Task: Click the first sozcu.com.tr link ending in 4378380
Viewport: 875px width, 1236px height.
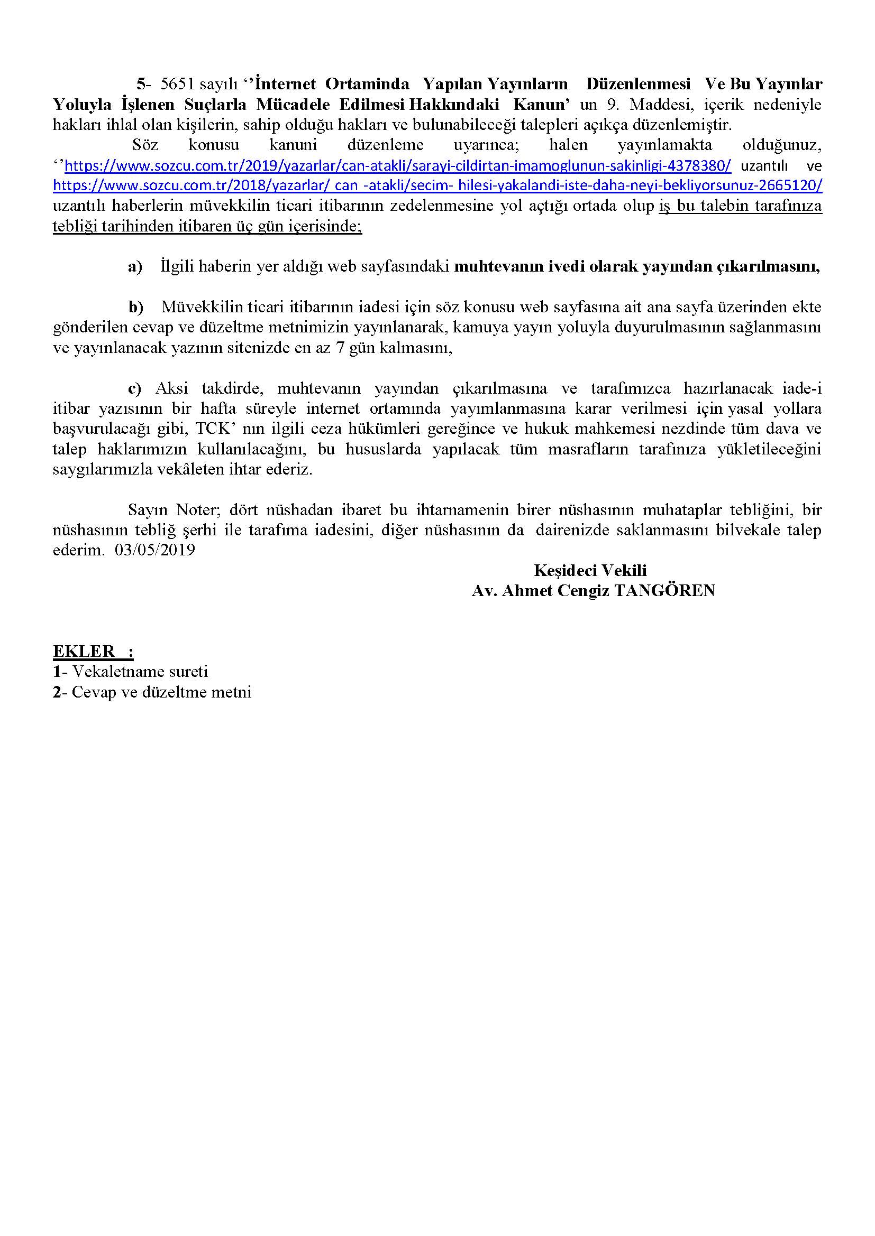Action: (x=398, y=166)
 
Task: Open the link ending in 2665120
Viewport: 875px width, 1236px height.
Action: (x=437, y=185)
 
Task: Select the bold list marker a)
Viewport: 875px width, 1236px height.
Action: (x=135, y=266)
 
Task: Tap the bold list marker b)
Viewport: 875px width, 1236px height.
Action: (x=136, y=307)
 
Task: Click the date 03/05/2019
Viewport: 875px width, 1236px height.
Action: (x=154, y=550)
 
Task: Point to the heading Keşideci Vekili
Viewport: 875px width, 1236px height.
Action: (x=590, y=570)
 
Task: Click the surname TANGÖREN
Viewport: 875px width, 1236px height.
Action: (x=664, y=591)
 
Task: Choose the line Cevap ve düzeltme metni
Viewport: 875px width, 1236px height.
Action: (x=161, y=692)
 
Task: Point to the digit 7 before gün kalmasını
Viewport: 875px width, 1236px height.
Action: (x=340, y=348)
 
